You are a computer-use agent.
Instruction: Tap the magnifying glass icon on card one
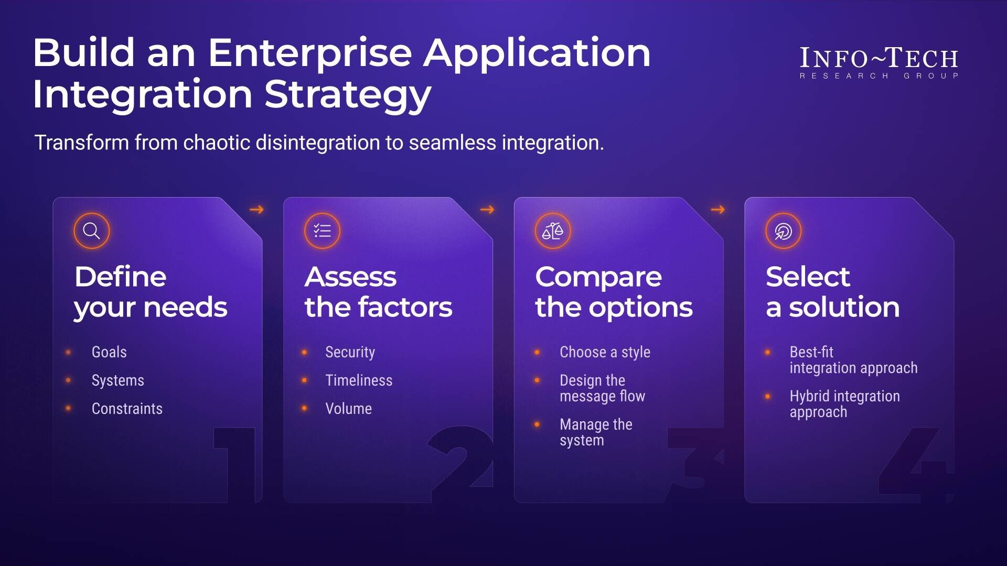click(x=91, y=231)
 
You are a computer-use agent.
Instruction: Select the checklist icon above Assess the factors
click(x=322, y=231)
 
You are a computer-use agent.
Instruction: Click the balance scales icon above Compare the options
click(x=552, y=231)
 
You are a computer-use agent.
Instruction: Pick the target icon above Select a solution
click(x=783, y=231)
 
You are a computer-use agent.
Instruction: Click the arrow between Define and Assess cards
click(x=256, y=210)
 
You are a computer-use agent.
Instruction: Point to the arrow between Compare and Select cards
click(x=717, y=210)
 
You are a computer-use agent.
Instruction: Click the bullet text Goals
click(x=109, y=352)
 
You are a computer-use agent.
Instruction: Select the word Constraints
click(x=127, y=409)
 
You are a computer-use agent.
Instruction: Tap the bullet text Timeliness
click(x=359, y=380)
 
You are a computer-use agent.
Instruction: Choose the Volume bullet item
click(x=348, y=409)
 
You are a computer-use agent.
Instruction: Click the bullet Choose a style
click(x=605, y=352)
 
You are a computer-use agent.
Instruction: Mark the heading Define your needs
click(x=150, y=292)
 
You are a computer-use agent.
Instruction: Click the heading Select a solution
click(x=832, y=292)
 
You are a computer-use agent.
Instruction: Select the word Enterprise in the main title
click(x=310, y=53)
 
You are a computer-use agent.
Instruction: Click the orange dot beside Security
click(x=304, y=352)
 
